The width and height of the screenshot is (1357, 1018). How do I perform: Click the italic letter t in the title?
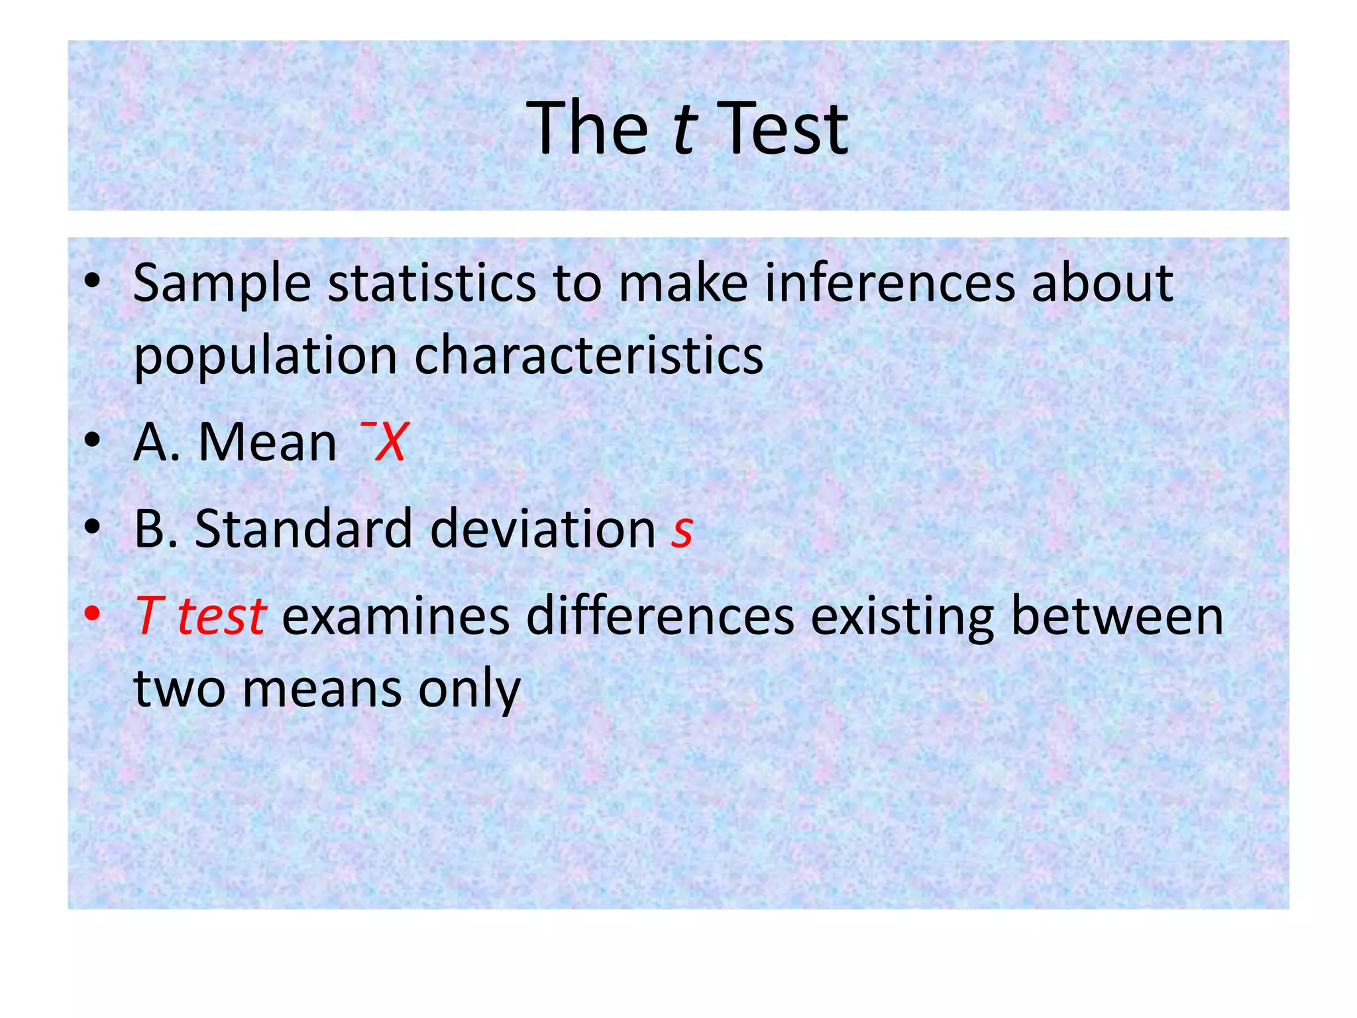click(684, 128)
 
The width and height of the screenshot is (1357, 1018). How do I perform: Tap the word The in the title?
click(587, 128)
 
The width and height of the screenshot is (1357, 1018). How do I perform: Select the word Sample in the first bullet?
click(221, 284)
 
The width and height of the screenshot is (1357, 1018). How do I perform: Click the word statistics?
click(432, 283)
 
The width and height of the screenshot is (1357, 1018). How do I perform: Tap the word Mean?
click(268, 442)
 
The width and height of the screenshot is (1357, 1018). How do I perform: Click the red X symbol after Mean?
click(390, 442)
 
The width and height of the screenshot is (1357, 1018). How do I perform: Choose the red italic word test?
click(222, 616)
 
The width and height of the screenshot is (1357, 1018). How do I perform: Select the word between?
click(1117, 616)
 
